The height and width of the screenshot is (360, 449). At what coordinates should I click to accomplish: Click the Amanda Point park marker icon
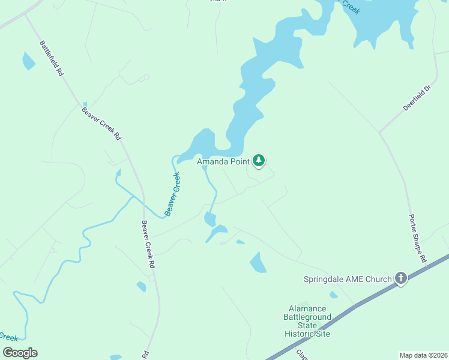pos(259,160)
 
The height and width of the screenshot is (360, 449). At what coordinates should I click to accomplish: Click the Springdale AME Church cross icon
pos(401,278)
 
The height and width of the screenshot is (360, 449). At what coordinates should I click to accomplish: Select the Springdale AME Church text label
pos(347,279)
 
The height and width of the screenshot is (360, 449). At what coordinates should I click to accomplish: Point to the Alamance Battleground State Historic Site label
pos(307,321)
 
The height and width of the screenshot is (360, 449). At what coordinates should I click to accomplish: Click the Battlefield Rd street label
pos(51,58)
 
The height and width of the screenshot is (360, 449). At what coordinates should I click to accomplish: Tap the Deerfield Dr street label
pos(418,97)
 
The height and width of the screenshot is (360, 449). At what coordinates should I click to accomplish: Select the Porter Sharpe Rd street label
pos(417,238)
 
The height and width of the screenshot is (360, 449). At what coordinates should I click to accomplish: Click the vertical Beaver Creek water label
pos(172,194)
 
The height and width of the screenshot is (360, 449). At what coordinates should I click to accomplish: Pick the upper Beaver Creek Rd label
pos(101,124)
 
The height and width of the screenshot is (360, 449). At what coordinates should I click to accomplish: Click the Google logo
pos(20,353)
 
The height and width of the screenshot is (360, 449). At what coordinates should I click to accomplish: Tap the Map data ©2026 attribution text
pos(423,355)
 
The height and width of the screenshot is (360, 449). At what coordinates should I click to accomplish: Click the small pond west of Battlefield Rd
pos(28,61)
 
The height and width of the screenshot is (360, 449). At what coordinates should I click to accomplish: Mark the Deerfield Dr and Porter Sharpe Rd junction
pos(379,131)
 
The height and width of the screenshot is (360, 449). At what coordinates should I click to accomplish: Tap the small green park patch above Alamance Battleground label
pos(305,303)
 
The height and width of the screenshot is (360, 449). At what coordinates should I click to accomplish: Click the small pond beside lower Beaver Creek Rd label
pos(141,286)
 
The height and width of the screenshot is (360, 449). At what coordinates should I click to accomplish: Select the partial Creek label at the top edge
pos(351,7)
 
